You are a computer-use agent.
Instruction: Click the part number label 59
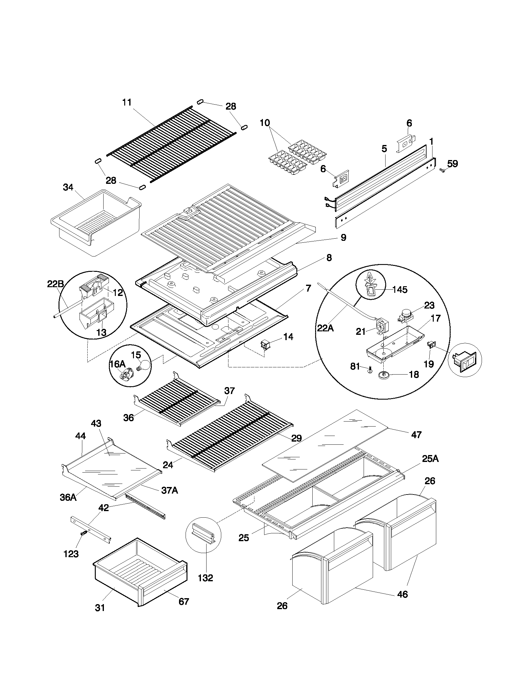453,164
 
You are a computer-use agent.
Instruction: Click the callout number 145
400,289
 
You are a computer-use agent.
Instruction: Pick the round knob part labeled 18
384,375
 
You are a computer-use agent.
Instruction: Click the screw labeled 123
83,533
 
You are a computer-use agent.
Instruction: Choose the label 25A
430,459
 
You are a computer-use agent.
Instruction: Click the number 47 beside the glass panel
416,435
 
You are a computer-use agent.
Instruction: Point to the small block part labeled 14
264,344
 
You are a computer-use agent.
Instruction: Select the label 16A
117,364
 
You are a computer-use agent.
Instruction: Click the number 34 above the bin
68,187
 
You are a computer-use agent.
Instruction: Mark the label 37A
170,490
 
